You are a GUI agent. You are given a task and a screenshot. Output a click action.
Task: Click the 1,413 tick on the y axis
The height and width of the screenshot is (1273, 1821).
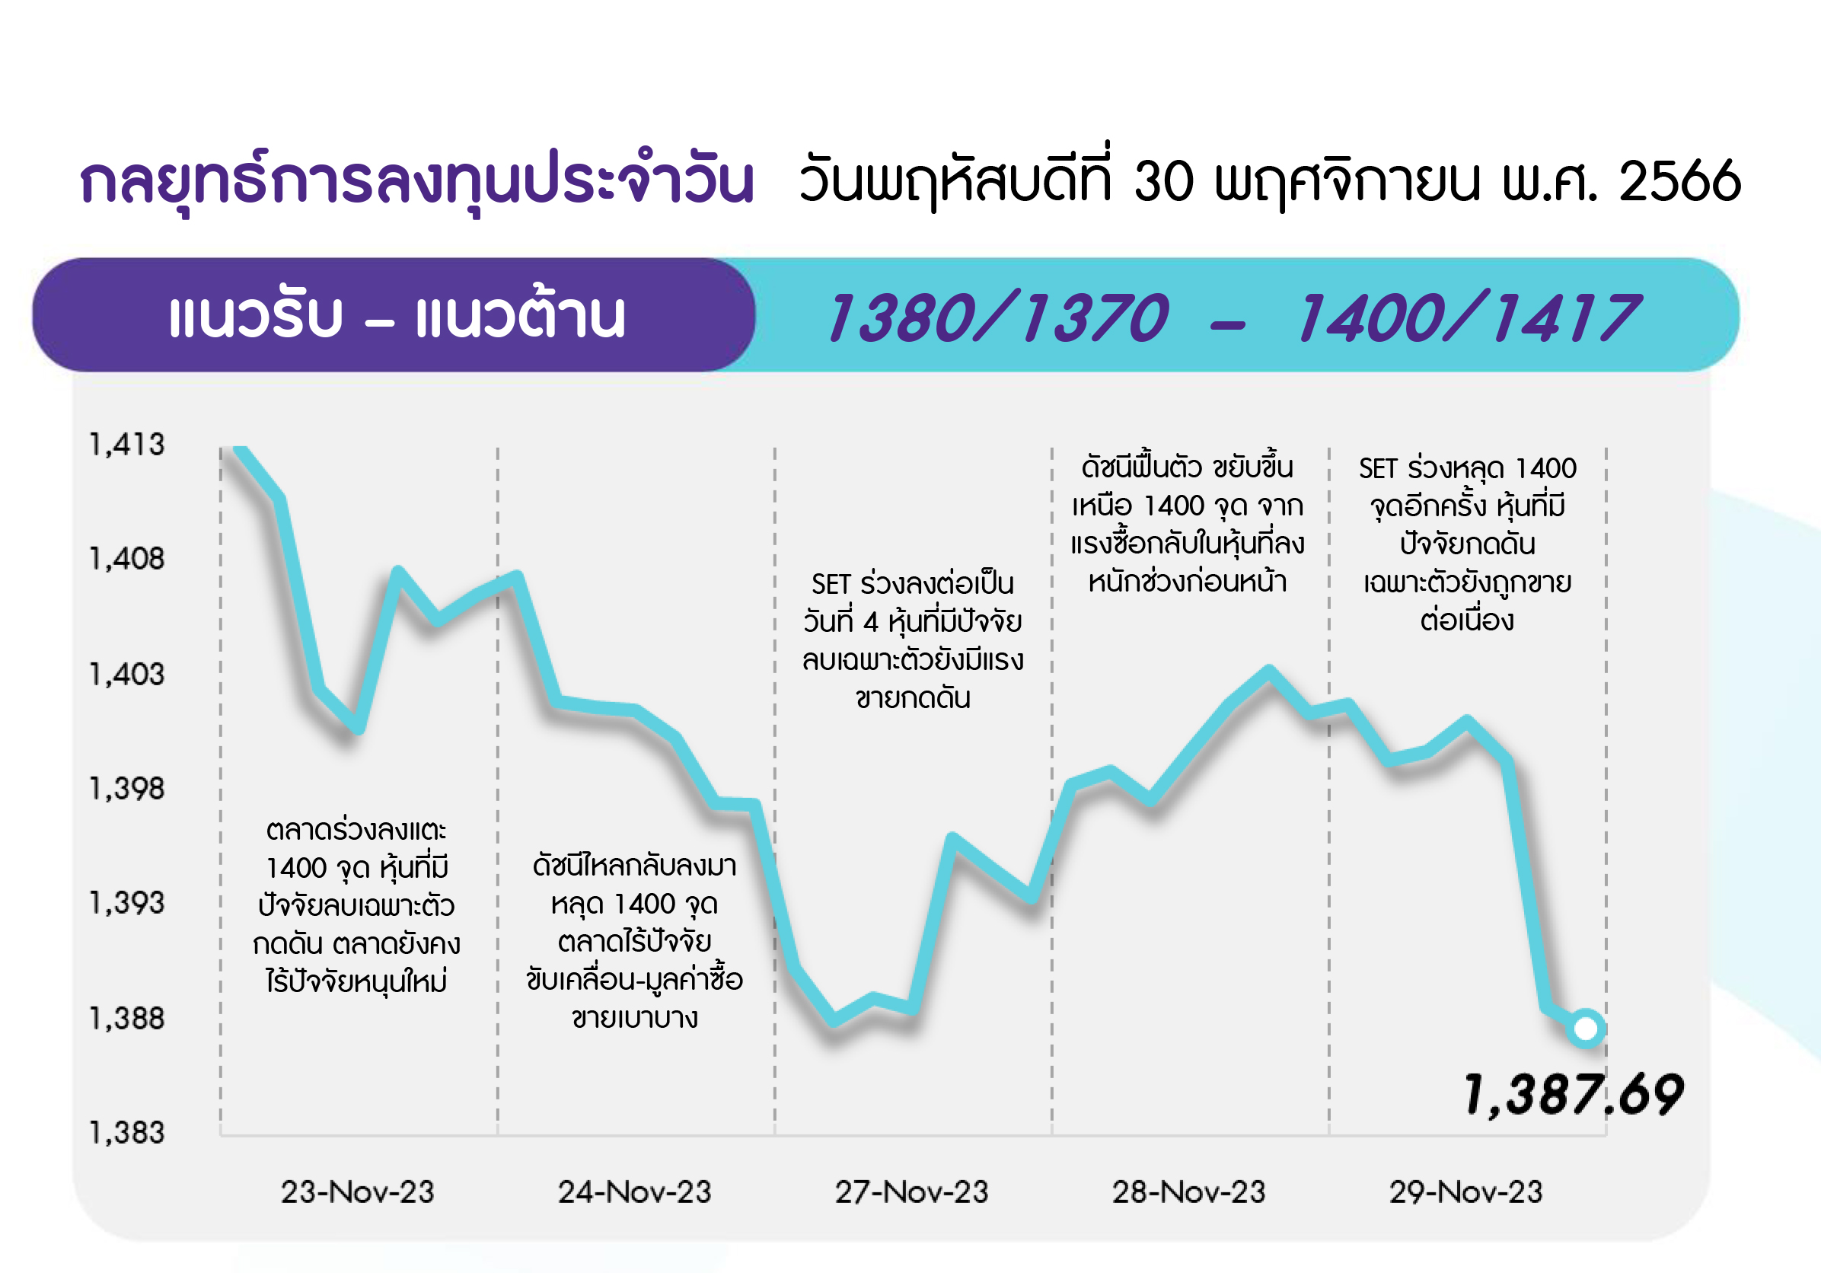coord(127,445)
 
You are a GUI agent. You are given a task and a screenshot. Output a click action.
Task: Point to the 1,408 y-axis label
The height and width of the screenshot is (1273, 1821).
coord(127,559)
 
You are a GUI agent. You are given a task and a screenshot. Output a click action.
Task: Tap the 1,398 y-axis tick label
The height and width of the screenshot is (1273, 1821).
coord(127,788)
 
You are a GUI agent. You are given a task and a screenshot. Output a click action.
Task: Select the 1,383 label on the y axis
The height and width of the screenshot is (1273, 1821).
coord(127,1133)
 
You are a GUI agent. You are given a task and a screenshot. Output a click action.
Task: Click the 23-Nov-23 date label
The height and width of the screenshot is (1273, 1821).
coord(358,1192)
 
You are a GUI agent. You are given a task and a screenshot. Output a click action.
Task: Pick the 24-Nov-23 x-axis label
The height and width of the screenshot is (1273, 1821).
coord(634,1192)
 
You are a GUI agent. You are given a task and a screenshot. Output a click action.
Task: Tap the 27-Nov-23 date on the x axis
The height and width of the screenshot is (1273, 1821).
coord(912,1192)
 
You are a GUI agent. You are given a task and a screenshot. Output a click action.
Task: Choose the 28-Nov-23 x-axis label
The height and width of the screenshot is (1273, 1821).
coord(1189,1192)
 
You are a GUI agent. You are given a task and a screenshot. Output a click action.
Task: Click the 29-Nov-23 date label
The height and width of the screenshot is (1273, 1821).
coord(1465,1192)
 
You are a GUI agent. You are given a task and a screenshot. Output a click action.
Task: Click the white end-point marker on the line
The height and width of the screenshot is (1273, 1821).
coord(1587,1029)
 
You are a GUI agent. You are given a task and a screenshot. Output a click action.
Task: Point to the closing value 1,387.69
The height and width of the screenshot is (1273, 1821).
coord(1574,1095)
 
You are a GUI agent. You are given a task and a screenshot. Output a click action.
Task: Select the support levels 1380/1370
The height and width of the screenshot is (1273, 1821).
coord(998,317)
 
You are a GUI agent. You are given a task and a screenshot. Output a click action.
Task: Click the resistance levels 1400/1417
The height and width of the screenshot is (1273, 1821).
coord(1468,317)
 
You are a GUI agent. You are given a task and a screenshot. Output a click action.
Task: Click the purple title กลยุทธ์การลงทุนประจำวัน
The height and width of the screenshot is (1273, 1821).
coord(417,181)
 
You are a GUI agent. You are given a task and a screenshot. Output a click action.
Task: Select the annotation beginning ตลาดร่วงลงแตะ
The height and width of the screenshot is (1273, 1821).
coord(357,906)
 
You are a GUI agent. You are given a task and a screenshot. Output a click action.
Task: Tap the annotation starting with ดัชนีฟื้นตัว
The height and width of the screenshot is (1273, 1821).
coord(1188,524)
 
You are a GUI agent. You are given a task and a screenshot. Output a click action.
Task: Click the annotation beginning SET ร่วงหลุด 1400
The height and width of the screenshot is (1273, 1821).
coord(1467,544)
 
